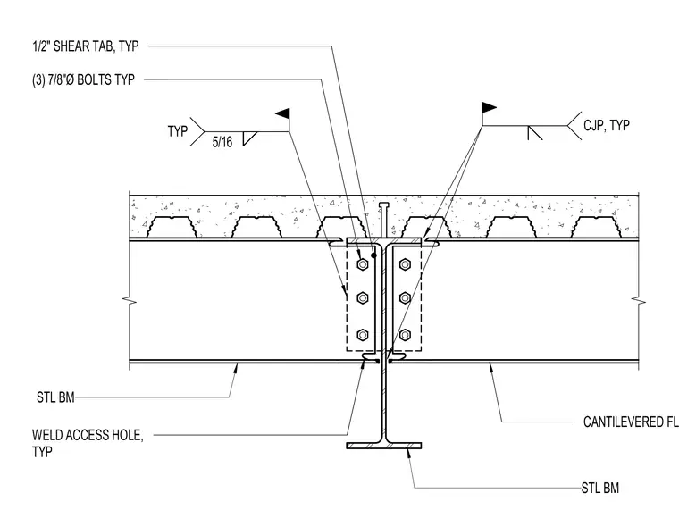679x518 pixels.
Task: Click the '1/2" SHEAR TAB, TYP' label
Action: tap(86, 46)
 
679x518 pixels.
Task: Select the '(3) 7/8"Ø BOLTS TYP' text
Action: tap(83, 79)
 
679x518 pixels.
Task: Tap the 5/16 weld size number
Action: tap(222, 142)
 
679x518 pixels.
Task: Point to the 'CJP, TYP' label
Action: tap(607, 126)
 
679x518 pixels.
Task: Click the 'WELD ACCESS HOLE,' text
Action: tap(88, 435)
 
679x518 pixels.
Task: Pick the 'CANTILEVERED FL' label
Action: tap(631, 422)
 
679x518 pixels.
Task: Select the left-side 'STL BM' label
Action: tap(55, 397)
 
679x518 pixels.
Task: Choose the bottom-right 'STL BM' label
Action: tap(600, 489)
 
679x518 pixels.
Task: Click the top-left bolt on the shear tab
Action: tap(363, 264)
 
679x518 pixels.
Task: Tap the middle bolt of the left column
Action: tap(363, 297)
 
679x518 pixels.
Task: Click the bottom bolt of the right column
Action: tap(405, 335)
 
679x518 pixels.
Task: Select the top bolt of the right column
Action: tap(405, 264)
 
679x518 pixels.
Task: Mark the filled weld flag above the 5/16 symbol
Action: tap(283, 113)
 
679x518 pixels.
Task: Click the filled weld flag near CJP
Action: tap(489, 107)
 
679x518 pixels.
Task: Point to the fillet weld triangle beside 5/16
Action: tap(249, 138)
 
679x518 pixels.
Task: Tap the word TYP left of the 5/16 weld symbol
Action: tap(178, 131)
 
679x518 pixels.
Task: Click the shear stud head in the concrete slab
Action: tap(384, 205)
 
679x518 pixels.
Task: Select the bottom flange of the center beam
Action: tap(383, 446)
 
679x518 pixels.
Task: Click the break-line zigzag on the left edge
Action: tap(130, 299)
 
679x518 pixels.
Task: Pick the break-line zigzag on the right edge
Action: tap(639, 300)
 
